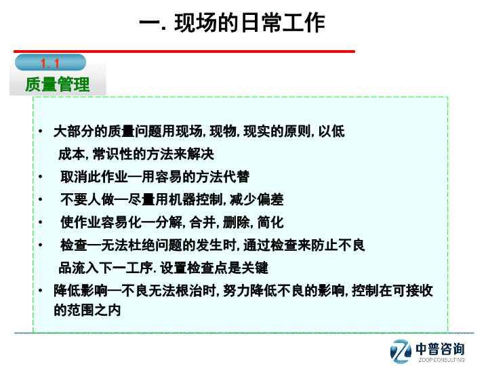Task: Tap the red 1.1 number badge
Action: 50,63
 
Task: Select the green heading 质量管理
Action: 58,84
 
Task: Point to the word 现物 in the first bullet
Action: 223,131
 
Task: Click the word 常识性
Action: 113,154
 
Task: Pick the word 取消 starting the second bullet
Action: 74,177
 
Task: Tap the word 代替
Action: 237,177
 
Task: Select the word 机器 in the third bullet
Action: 182,199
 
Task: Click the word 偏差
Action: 270,199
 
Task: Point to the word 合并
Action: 202,222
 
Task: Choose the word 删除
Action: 237,222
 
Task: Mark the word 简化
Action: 270,222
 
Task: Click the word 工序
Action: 140,268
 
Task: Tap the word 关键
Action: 255,268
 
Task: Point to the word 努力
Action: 237,291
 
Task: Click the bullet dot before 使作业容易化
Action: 41,222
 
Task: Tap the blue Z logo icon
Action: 401,351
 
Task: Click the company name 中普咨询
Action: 440,349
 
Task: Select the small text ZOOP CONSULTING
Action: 442,360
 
